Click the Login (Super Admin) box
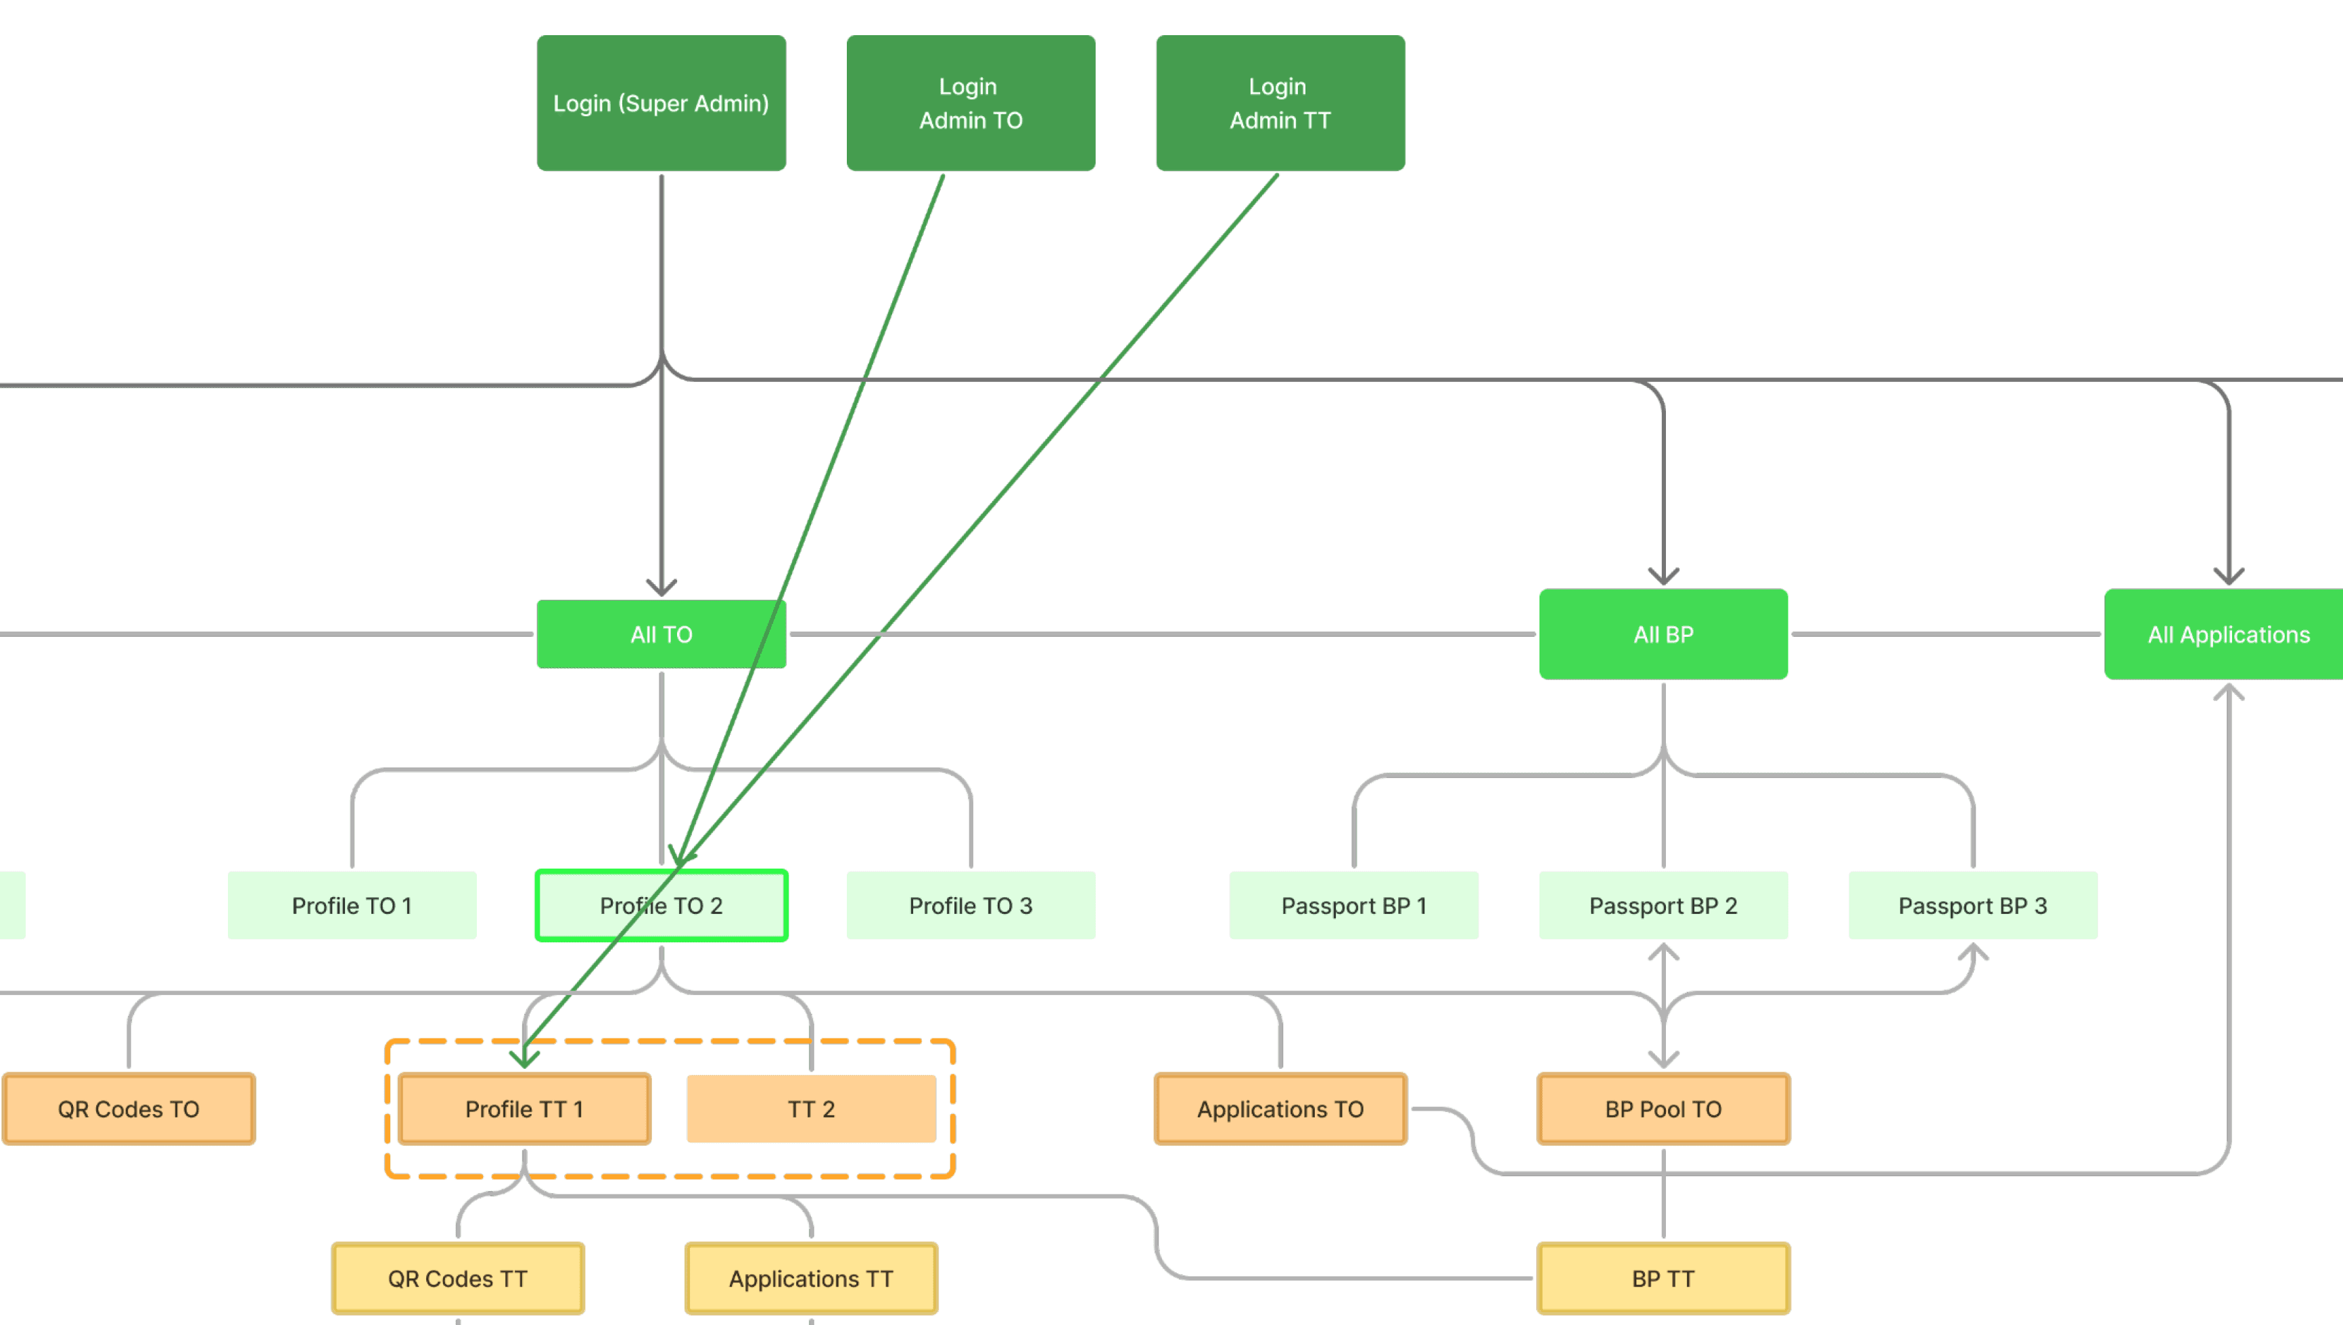pos(661,103)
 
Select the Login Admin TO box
pos(971,103)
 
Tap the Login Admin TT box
pos(1280,103)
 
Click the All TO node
pos(661,634)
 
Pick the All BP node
pos(1663,634)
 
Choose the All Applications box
pos(2227,634)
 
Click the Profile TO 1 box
pos(351,905)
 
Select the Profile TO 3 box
pos(971,905)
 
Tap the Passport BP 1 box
pos(1353,905)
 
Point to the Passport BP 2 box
pos(1663,905)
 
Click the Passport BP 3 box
pos(1972,905)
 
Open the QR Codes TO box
pos(129,1109)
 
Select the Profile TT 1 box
pos(524,1109)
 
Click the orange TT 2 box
pos(811,1109)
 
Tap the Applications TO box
pos(1280,1109)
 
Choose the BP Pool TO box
pos(1663,1109)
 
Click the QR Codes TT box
pos(458,1278)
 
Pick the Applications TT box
pos(811,1278)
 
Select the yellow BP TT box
pos(1663,1278)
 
